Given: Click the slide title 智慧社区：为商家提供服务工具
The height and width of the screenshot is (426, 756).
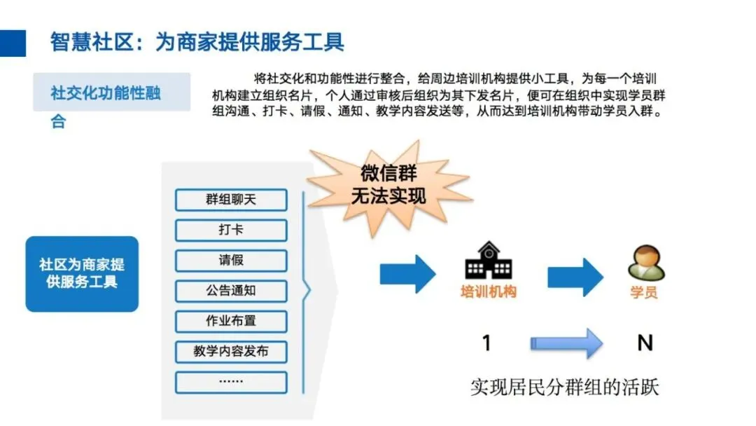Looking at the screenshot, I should point(197,41).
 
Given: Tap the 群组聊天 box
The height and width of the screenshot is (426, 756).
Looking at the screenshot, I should point(231,200).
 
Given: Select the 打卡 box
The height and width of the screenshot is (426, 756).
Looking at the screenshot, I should point(231,230).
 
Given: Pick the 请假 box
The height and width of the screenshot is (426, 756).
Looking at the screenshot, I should point(231,260).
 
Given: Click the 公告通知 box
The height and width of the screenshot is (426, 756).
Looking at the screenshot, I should point(231,290).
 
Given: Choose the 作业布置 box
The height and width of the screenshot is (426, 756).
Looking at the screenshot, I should point(231,321).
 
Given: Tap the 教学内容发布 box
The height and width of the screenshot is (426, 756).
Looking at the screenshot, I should point(231,351).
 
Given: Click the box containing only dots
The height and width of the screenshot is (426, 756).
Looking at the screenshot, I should point(231,382).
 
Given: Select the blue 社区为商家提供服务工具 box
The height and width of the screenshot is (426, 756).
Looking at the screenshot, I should point(82,274).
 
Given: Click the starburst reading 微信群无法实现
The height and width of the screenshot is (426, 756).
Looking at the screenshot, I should point(388,184).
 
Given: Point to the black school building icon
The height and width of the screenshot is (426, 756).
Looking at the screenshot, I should point(488,261).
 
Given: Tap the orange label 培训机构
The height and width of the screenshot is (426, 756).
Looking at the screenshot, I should point(488,292).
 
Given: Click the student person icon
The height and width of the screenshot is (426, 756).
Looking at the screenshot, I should point(645,263).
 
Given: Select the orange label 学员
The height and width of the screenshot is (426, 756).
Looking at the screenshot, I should point(644,292).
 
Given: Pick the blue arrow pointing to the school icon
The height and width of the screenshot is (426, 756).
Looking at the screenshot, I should point(407,273).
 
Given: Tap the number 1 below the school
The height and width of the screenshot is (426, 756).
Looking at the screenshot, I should point(486,343).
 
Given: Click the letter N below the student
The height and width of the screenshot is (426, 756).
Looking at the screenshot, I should point(645,343).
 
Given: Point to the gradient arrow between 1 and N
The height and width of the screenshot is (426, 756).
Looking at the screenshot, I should point(566,343).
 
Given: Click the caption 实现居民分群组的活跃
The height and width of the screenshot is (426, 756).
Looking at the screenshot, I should point(564,387).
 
